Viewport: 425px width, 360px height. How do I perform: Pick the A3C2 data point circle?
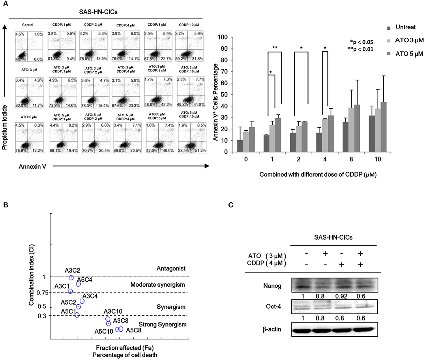(71, 278)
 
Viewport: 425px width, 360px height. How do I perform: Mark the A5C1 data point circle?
(77, 315)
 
